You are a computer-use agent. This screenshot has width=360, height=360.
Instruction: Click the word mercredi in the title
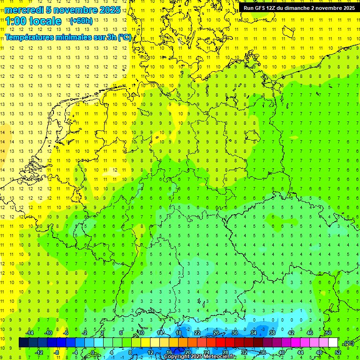[24, 10]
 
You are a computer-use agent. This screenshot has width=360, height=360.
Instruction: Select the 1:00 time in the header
[17, 21]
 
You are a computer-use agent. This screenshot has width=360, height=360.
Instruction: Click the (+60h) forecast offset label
[82, 21]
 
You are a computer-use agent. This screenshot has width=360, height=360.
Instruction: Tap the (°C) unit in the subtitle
[125, 37]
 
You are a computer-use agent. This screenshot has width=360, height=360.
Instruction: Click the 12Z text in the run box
[273, 8]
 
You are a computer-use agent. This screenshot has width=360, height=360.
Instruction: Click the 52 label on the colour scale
[337, 352]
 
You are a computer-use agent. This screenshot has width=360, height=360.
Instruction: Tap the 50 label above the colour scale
[328, 333]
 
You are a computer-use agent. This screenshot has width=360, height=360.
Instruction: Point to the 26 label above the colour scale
[216, 333]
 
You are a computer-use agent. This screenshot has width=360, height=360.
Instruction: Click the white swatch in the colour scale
[333, 343]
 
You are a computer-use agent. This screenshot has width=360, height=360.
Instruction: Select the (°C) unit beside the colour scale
[348, 343]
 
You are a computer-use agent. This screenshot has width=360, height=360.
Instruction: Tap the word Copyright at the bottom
[178, 357]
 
